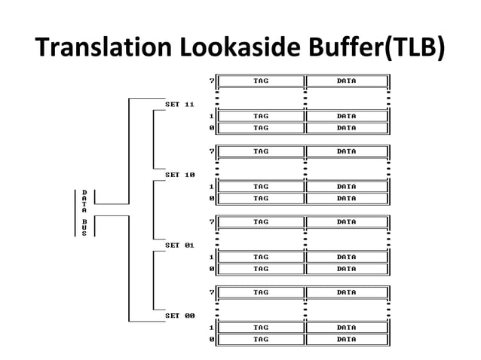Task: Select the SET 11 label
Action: click(180, 104)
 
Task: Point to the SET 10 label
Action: click(180, 175)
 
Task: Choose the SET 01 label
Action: click(180, 245)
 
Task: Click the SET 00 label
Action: click(180, 316)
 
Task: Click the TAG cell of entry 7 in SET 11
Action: click(261, 81)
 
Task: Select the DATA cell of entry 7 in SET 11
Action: click(346, 81)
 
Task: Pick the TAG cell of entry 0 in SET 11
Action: click(261, 128)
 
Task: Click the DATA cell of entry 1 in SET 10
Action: click(346, 186)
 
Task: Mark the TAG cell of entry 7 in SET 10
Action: click(261, 151)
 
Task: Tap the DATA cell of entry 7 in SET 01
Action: click(346, 222)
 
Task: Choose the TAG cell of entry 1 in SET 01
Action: click(261, 257)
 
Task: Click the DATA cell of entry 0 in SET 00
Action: click(346, 339)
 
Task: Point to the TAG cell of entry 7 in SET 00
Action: click(261, 292)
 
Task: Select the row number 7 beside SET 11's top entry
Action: click(212, 81)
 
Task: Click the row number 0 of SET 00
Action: click(212, 339)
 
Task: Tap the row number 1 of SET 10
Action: click(212, 186)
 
